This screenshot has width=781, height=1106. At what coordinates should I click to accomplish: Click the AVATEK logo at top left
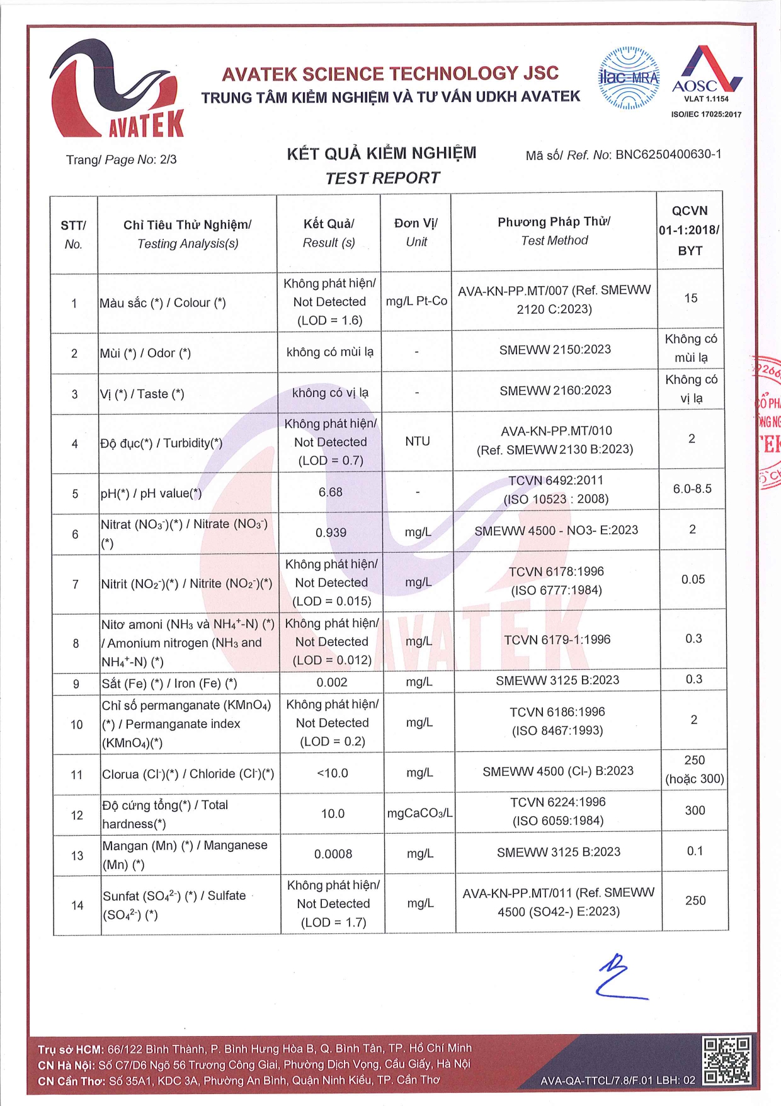click(117, 89)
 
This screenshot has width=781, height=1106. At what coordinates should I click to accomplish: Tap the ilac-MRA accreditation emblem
click(628, 79)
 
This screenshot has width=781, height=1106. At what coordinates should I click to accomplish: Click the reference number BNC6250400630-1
click(668, 154)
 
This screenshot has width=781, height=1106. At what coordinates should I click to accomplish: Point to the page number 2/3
click(168, 159)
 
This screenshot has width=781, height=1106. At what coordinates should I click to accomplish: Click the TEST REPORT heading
click(382, 178)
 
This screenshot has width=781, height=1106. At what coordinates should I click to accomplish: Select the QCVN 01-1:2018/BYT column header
click(690, 230)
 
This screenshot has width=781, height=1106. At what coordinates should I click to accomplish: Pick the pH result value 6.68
click(331, 492)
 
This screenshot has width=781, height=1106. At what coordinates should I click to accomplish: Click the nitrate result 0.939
click(331, 533)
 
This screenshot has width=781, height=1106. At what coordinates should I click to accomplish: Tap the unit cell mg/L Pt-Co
click(416, 301)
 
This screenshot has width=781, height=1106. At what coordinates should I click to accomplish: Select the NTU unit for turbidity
click(418, 441)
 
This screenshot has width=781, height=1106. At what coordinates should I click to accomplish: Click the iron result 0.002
click(332, 683)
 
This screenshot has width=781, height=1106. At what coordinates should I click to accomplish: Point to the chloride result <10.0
click(333, 773)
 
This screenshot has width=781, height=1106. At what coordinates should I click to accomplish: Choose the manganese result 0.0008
click(333, 854)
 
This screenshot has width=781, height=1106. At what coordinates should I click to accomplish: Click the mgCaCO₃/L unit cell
click(419, 813)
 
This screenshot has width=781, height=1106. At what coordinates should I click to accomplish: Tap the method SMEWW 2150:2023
click(555, 350)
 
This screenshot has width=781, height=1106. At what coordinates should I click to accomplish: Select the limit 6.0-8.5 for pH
click(692, 489)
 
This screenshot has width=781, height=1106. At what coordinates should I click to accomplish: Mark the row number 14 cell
click(77, 905)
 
